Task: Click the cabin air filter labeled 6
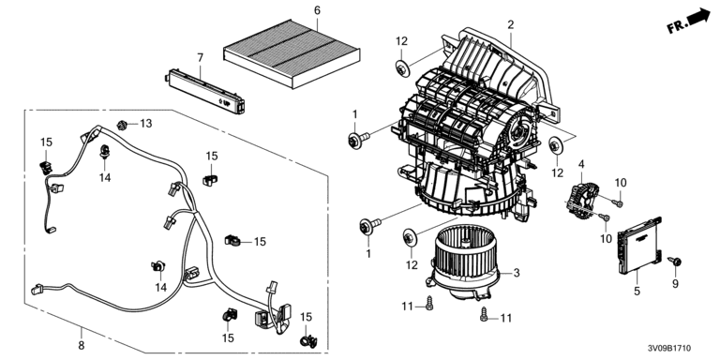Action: (292, 52)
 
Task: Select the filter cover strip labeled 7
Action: (204, 90)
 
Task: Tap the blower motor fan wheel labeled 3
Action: (462, 262)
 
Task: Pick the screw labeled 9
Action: (675, 262)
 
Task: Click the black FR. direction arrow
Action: (698, 17)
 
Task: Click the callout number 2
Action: (511, 24)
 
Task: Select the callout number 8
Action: (82, 345)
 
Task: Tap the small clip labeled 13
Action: (122, 125)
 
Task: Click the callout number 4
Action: (581, 164)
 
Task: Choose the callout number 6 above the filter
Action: (317, 10)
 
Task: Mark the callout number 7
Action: (200, 58)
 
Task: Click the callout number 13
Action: (145, 124)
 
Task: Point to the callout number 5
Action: (637, 291)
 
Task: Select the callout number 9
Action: (675, 284)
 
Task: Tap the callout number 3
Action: (517, 273)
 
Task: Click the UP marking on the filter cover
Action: (226, 104)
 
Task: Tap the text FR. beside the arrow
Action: (676, 26)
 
